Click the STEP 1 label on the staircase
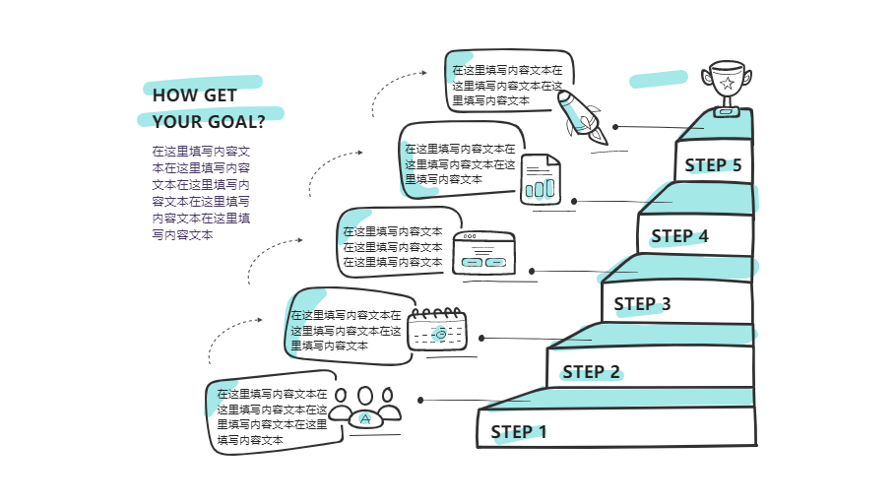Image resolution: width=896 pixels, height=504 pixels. coord(519,432)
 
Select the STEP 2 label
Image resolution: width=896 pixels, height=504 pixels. coord(591,372)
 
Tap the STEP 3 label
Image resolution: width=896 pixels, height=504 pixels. coord(642,304)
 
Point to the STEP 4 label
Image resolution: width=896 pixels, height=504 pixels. coord(679,236)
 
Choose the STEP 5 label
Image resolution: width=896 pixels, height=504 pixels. coord(713,165)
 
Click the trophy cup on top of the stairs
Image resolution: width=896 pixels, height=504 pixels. coord(727,88)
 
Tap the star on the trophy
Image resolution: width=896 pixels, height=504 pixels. coord(727,84)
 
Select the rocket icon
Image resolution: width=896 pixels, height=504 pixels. coord(582,117)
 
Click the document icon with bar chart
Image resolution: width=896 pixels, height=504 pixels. coord(540,179)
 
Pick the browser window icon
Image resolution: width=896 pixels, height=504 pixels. coord(484,253)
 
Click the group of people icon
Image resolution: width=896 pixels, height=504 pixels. coord(365,408)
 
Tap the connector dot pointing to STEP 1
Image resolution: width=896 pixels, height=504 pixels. coord(420,400)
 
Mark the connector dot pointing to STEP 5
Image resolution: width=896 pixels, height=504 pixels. coord(615,127)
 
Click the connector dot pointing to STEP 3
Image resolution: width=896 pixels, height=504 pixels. coord(532,272)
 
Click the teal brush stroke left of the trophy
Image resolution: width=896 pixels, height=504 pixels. coord(659,79)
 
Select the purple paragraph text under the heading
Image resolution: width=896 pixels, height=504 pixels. coord(201,193)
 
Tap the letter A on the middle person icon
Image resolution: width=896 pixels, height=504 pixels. coord(365,419)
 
